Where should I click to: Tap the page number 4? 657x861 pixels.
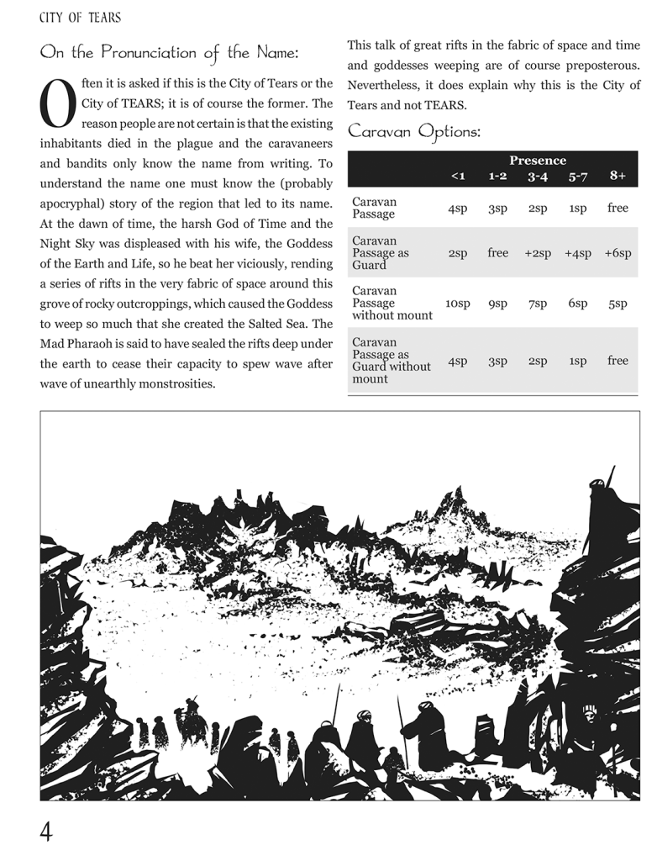[47, 832]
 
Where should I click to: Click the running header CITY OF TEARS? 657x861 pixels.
[80, 17]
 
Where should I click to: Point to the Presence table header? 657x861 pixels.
[538, 160]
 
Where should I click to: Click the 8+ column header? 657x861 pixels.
[618, 175]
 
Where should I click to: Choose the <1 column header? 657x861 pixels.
[458, 176]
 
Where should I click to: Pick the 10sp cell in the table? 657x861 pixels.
[458, 303]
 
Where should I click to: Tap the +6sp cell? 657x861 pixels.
[618, 253]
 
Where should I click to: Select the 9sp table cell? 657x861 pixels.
[498, 303]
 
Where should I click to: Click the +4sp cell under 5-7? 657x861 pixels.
[578, 253]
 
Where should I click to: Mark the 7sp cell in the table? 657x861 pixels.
[538, 303]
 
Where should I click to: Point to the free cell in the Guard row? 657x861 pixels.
[498, 252]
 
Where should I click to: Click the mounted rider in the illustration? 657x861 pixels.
[193, 719]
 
